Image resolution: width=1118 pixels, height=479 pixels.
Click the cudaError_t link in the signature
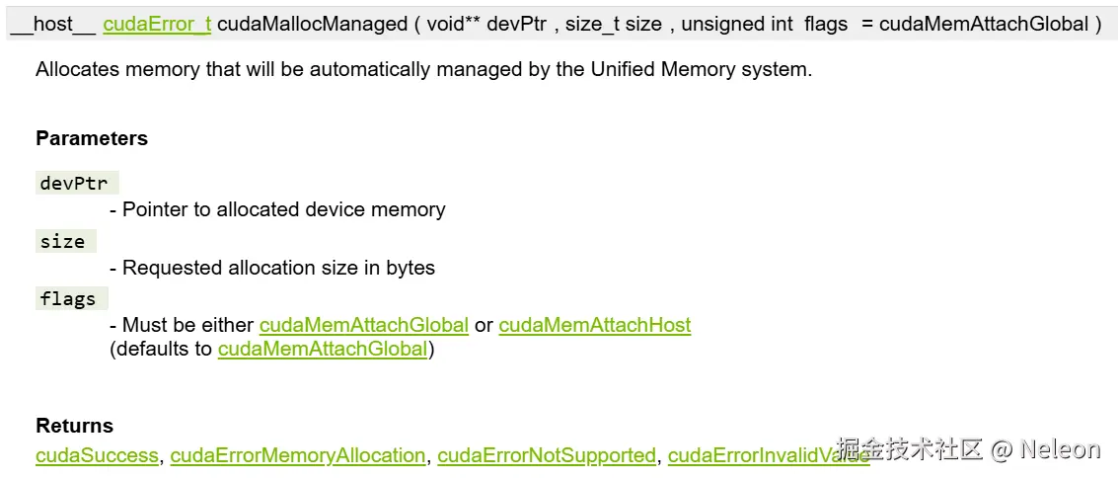click(x=157, y=24)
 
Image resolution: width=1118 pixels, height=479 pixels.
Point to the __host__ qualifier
click(x=53, y=24)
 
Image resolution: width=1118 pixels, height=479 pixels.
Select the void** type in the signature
click(x=452, y=24)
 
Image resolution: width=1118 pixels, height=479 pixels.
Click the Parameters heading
click(x=92, y=138)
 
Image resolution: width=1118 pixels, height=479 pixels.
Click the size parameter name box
click(x=64, y=241)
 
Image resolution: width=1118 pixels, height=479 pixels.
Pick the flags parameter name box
click(x=70, y=298)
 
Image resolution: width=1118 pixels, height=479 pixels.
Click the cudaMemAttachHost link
click(x=595, y=325)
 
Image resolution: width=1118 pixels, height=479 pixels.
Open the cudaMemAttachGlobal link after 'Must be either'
click(x=363, y=325)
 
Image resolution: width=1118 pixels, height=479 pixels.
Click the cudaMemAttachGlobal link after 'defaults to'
click(x=323, y=349)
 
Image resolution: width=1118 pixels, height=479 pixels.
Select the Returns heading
click(x=74, y=426)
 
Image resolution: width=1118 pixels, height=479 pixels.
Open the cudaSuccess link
click(x=97, y=455)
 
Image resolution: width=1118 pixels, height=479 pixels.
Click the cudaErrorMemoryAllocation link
click(x=298, y=455)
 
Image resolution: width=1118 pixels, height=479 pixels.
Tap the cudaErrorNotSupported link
click(x=547, y=455)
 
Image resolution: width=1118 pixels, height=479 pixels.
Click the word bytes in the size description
click(x=410, y=268)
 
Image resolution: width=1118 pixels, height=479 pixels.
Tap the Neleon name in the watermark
click(x=1060, y=449)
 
